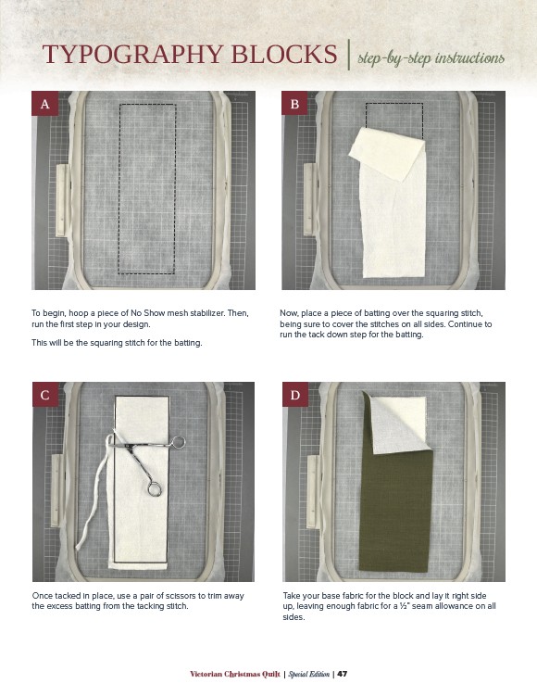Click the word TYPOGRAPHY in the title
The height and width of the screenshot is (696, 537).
(x=133, y=54)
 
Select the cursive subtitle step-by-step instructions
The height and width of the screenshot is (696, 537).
(x=431, y=58)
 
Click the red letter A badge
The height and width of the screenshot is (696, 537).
(x=44, y=104)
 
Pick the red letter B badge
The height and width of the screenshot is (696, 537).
(x=294, y=104)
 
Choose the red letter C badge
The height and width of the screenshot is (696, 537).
(x=45, y=395)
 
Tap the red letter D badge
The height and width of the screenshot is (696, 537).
(x=295, y=395)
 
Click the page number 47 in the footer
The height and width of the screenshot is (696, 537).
(x=343, y=674)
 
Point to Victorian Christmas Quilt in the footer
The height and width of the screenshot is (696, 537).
(x=235, y=674)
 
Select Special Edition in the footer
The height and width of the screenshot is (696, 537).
(x=308, y=674)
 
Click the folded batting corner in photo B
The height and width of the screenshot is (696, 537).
(x=387, y=154)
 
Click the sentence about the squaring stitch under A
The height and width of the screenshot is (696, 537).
(x=117, y=343)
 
